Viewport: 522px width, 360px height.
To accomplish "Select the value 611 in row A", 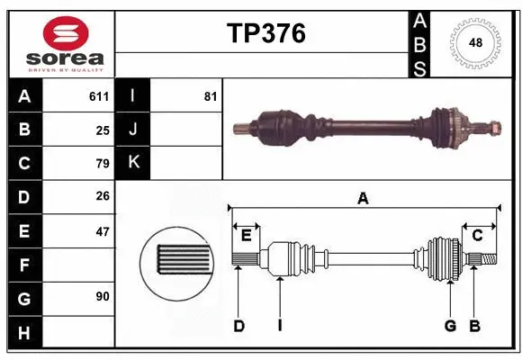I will tap(99, 96).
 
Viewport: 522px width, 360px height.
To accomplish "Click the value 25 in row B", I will tap(102, 130).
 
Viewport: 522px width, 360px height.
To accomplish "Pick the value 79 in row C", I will tap(102, 163).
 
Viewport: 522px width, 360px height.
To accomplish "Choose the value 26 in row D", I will tap(102, 197).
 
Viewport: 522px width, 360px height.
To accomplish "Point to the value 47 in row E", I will tap(102, 231).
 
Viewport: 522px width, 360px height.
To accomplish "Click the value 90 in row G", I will tap(102, 296).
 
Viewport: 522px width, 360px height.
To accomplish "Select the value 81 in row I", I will tap(211, 96).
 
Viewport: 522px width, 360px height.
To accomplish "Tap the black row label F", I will tap(24, 265).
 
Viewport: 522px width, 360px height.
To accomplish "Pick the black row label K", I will tap(133, 163).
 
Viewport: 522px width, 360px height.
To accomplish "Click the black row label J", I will tap(133, 130).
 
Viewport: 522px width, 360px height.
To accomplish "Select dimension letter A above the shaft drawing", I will tap(363, 198).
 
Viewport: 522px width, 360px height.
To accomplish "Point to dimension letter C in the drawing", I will tap(477, 235).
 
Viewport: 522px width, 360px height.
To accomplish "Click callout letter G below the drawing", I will tap(450, 326).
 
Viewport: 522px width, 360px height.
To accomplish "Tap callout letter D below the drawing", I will tap(239, 326).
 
